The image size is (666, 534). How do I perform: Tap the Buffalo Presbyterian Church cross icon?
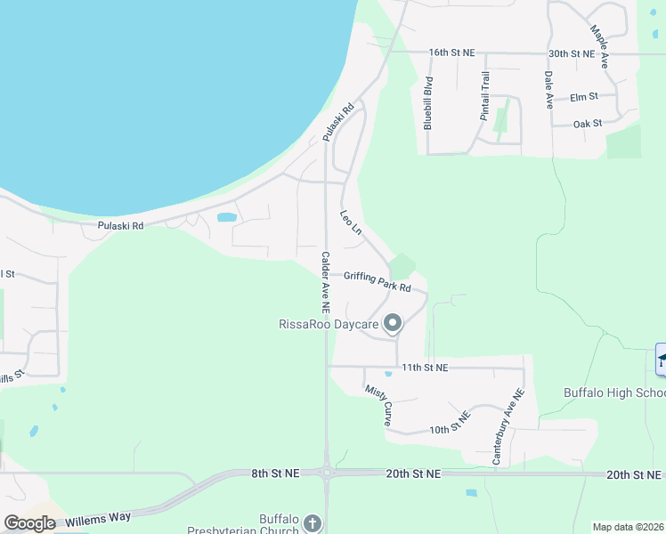coord(312,522)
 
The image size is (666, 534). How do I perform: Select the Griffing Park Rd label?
coord(378,282)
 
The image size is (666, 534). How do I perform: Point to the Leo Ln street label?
coord(350,223)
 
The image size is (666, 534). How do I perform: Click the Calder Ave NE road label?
coord(325,282)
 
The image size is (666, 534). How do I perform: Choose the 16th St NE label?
coord(451,53)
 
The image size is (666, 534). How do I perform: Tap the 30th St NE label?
coord(571,53)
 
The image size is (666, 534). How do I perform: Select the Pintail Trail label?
coord(485,96)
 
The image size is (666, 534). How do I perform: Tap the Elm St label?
coord(583,96)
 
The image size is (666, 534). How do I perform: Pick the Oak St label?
coord(588,124)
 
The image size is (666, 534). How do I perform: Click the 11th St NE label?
coord(425,367)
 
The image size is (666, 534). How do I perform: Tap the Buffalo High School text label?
coord(613,392)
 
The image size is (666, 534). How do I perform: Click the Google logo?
coord(29,523)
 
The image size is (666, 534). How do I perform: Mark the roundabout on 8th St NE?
coord(327,473)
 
